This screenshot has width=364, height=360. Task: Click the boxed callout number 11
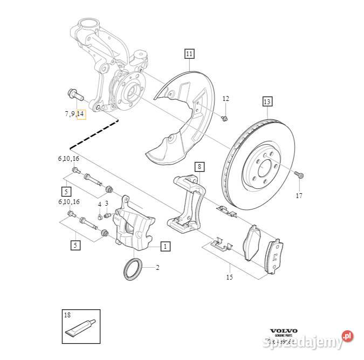click(189, 53)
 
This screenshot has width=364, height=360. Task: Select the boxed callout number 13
click(268, 101)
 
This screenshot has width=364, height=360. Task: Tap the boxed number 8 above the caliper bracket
click(200, 166)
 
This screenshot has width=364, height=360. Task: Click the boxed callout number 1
click(165, 247)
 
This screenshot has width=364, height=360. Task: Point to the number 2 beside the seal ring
click(157, 267)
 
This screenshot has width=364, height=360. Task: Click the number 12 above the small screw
click(225, 98)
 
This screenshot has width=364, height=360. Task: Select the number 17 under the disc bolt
click(299, 196)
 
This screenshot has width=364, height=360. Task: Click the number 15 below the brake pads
click(229, 277)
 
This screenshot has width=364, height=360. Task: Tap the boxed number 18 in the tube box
click(67, 314)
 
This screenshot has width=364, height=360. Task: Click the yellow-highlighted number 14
click(81, 113)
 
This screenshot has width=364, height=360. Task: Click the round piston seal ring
click(133, 269)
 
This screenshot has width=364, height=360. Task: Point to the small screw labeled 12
click(225, 117)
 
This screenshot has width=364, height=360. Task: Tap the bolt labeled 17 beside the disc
click(299, 174)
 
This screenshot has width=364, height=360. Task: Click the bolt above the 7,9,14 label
click(75, 96)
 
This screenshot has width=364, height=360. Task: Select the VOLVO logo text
click(283, 331)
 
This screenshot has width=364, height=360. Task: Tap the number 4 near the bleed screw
click(99, 203)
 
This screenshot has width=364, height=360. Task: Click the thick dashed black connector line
click(94, 134)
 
